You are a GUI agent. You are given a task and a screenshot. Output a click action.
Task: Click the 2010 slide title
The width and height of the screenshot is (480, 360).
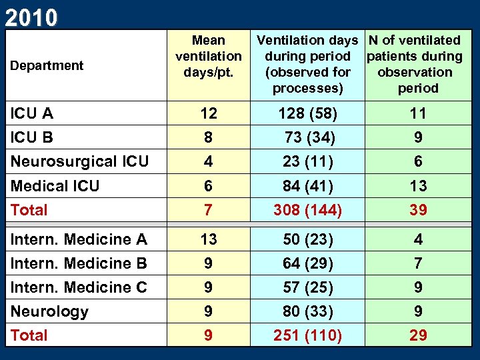(x=31, y=17)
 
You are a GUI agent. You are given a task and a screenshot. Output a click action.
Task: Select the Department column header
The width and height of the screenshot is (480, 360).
(x=46, y=65)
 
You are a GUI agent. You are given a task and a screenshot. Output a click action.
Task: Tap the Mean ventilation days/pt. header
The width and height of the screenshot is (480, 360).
(x=208, y=57)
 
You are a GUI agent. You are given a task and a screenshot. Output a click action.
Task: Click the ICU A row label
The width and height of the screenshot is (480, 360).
(x=32, y=113)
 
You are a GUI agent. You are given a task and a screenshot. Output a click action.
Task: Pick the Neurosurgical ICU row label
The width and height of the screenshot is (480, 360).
(x=79, y=161)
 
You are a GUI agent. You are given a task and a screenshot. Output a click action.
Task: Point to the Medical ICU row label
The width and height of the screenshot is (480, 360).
(x=55, y=185)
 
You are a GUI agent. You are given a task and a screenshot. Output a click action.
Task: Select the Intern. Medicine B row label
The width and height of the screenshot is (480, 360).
(x=79, y=263)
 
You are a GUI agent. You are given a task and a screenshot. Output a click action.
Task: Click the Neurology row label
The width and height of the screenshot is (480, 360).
(x=49, y=311)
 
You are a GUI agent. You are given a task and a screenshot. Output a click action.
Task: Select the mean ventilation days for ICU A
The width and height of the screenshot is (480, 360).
(x=208, y=113)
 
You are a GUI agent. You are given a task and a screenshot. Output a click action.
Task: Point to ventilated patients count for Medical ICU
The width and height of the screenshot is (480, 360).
(x=418, y=185)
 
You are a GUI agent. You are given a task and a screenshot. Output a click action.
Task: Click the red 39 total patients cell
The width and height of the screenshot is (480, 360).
(x=418, y=210)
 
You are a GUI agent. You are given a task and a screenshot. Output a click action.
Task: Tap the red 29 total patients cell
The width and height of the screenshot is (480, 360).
(x=418, y=335)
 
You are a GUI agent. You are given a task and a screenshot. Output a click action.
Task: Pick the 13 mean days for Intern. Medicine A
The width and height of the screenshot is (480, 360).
(x=208, y=239)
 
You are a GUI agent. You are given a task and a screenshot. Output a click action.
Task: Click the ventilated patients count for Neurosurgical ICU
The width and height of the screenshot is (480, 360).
(x=418, y=161)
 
